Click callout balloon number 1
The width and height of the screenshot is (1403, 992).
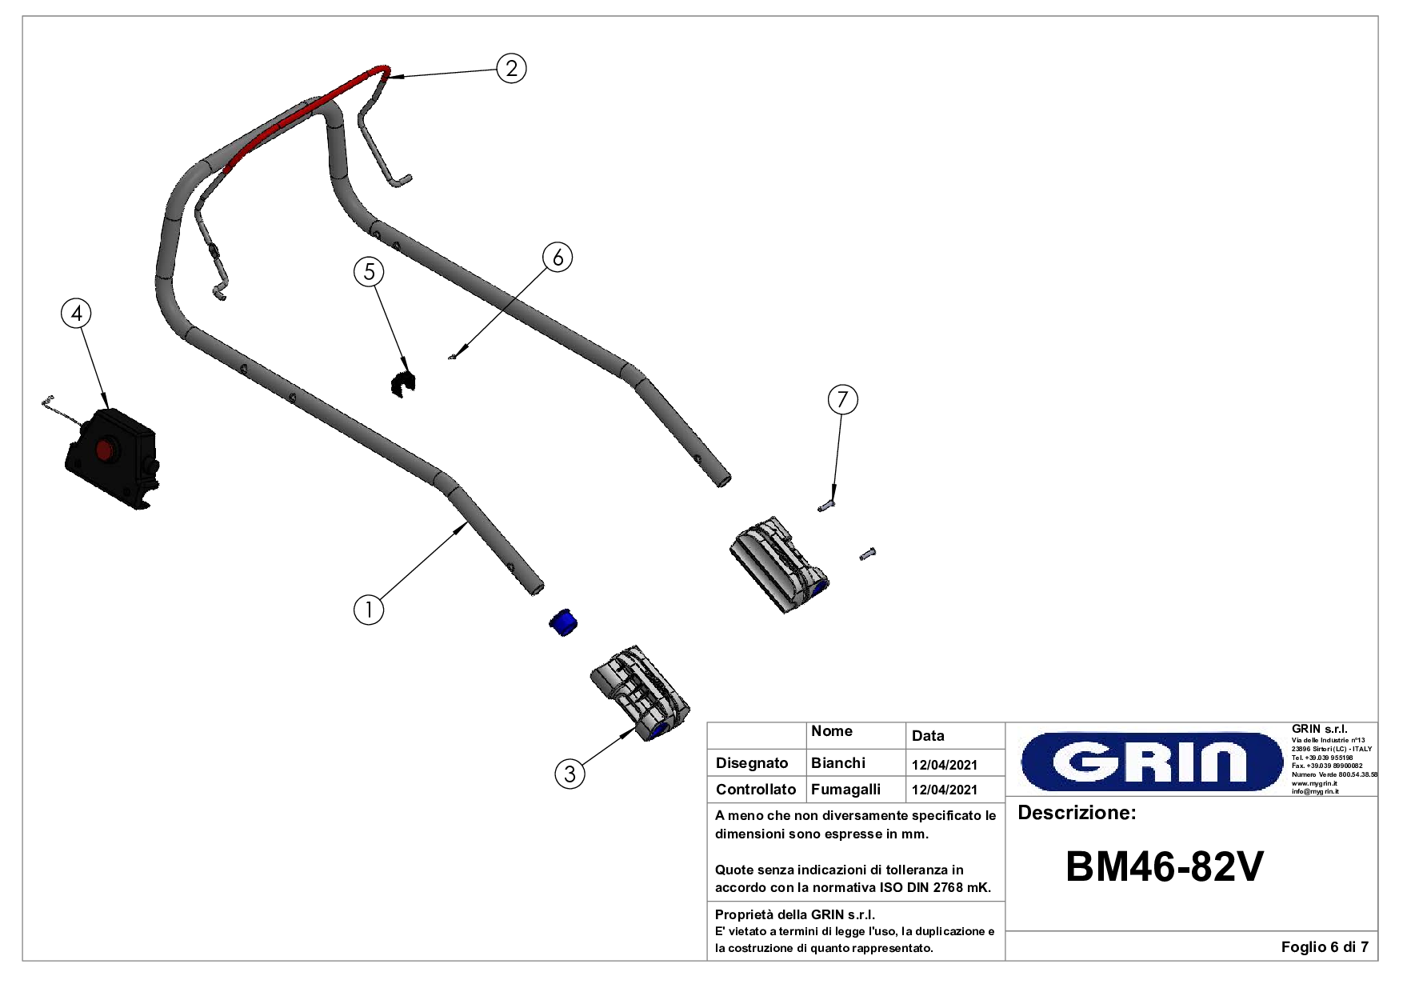(369, 610)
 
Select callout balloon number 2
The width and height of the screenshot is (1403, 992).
(512, 68)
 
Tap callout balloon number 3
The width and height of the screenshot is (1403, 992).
(570, 774)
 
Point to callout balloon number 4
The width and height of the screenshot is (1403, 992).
(77, 313)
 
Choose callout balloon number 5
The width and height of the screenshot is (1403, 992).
(369, 272)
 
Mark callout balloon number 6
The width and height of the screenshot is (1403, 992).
(558, 258)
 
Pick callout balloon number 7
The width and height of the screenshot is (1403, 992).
(842, 399)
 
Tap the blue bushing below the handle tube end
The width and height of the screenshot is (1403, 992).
(564, 622)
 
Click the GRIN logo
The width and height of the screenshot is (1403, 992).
(1151, 761)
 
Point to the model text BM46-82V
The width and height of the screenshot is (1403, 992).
(1164, 866)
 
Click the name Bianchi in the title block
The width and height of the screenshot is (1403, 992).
(837, 763)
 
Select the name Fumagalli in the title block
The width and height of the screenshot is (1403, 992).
(845, 790)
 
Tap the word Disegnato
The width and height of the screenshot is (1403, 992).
(752, 763)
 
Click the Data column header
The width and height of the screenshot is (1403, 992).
(928, 736)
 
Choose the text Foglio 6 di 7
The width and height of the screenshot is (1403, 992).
(1324, 947)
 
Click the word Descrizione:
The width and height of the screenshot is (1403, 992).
(1077, 813)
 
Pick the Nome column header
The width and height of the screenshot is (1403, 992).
(831, 731)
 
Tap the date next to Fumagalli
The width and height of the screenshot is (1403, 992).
(944, 790)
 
